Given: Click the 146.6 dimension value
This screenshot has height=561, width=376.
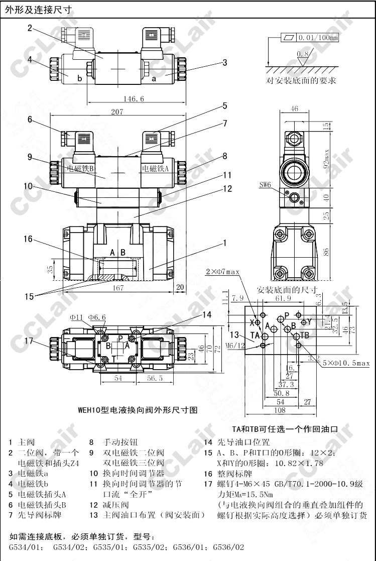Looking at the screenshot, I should click(133, 99).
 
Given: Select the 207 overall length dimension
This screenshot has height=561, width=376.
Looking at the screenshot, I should click(117, 112).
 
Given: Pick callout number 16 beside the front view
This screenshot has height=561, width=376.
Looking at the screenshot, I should click(28, 239).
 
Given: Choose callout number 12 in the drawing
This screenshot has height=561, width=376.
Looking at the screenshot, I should click(228, 189).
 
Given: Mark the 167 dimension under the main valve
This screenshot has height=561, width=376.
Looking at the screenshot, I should click(118, 288).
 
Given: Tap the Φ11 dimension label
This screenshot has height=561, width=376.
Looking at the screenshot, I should click(76, 317).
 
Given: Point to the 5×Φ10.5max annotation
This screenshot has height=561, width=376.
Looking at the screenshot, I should click(346, 363).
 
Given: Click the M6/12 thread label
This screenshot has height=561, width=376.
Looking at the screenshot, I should click(234, 345).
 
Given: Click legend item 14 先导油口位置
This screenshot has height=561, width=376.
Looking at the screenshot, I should click(236, 442).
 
